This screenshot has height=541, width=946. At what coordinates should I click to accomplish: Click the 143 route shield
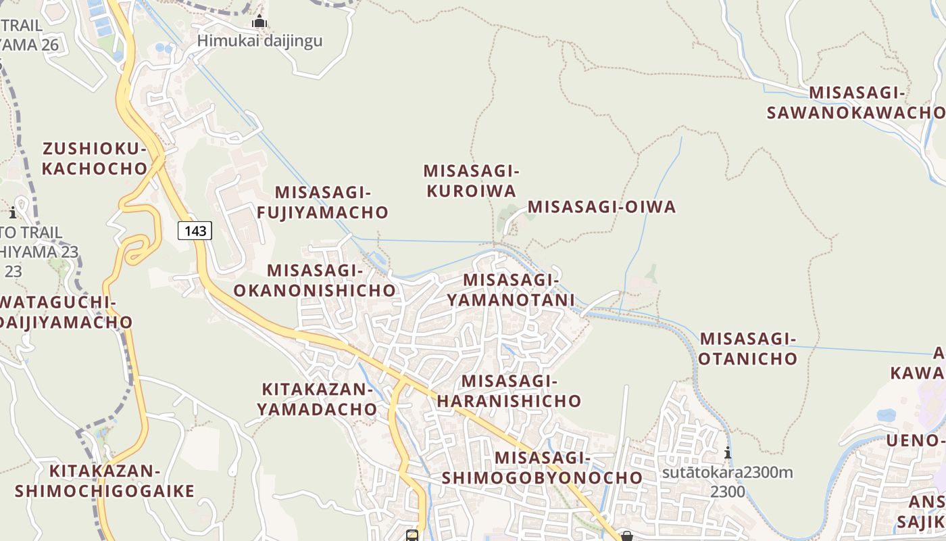(195, 231)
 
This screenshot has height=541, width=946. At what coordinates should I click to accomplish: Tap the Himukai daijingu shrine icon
(259, 22)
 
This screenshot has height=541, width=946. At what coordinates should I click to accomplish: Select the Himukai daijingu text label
(259, 41)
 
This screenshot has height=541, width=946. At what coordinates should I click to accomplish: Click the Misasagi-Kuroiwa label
(471, 181)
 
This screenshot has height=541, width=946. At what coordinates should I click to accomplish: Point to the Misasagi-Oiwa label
(601, 207)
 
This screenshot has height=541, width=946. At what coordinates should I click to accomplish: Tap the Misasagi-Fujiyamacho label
(323, 202)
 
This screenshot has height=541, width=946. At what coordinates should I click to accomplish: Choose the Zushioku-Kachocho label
(95, 158)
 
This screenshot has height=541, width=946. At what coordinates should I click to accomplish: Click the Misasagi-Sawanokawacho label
(857, 103)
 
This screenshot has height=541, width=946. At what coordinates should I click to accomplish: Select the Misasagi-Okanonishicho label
(314, 280)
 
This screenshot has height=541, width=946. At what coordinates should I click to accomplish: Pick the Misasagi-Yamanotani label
(511, 289)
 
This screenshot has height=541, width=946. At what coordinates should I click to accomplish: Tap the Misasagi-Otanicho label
(748, 348)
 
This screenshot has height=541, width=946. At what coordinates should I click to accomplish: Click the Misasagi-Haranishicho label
(509, 391)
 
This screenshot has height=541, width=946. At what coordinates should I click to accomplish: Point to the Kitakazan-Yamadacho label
(317, 399)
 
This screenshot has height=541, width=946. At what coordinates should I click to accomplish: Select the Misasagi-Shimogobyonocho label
(542, 467)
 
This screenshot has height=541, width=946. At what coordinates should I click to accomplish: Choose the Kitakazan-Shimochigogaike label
(105, 481)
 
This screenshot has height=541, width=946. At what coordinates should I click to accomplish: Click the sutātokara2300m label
(727, 472)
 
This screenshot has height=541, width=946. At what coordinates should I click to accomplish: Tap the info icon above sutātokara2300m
(727, 452)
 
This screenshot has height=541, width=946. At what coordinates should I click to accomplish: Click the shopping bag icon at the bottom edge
(627, 536)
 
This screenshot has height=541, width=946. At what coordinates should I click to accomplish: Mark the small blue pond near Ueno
(886, 415)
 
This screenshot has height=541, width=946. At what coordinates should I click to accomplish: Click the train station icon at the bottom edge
(412, 536)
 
